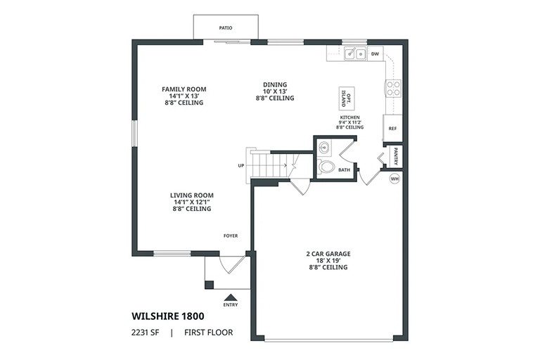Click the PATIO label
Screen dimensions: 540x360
226,28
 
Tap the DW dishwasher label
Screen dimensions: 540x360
375,54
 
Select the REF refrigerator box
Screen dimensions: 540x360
392,128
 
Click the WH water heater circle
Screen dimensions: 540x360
394,179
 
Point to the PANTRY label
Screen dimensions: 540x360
396,156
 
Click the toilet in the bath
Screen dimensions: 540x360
326,167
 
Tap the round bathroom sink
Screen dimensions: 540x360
324,148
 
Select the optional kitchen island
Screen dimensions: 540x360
347,98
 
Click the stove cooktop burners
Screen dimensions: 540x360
393,88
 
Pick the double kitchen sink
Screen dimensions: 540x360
355,54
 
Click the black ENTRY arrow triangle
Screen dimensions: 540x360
231,297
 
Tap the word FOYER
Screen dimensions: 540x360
231,236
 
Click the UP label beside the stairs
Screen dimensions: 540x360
241,166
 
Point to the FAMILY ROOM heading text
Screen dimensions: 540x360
184,89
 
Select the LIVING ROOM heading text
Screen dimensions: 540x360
192,195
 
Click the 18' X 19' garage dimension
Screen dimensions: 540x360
328,260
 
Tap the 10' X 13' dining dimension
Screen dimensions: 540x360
275,91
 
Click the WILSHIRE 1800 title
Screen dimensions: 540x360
168,316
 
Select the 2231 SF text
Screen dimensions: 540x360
146,333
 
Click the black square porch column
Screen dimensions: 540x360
209,285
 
